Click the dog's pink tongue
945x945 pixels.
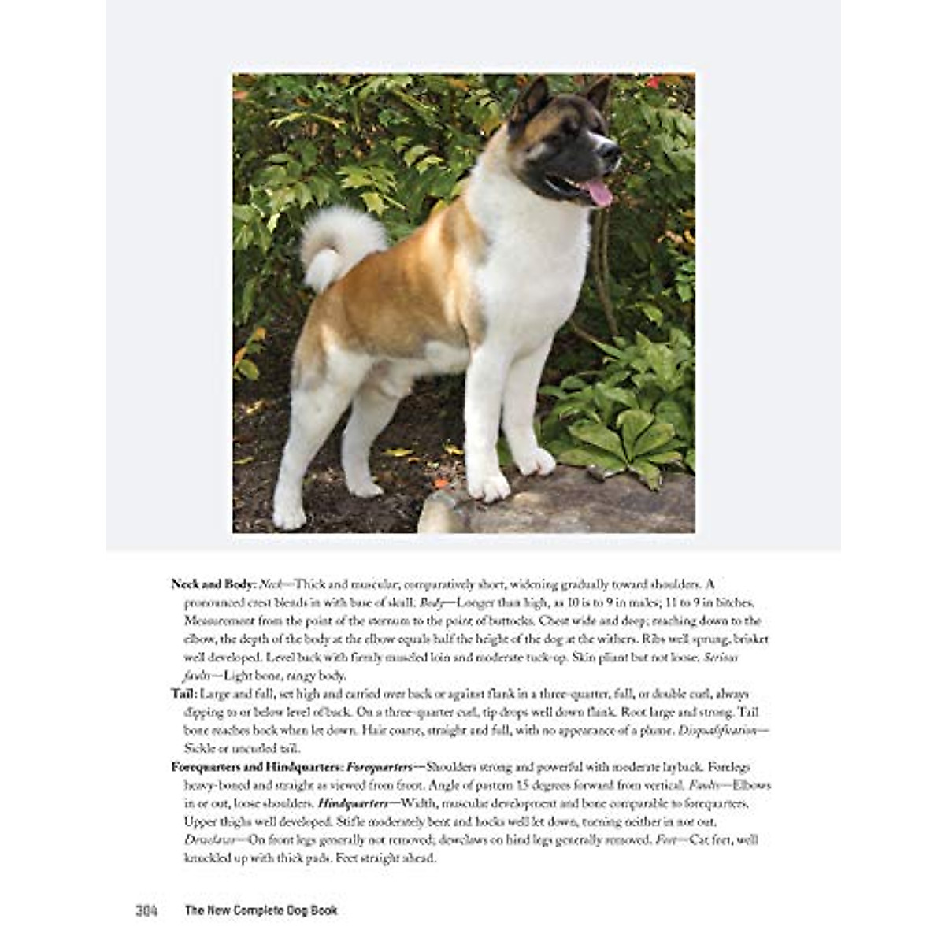click(x=600, y=191)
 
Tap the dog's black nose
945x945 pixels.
click(x=613, y=147)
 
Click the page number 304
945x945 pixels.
click(x=146, y=910)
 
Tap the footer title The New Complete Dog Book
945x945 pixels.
click(x=261, y=910)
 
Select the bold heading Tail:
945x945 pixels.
click(x=183, y=694)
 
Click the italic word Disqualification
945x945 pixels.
click(x=718, y=730)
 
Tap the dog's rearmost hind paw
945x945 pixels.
click(x=288, y=518)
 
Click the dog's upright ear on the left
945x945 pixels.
click(x=529, y=96)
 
